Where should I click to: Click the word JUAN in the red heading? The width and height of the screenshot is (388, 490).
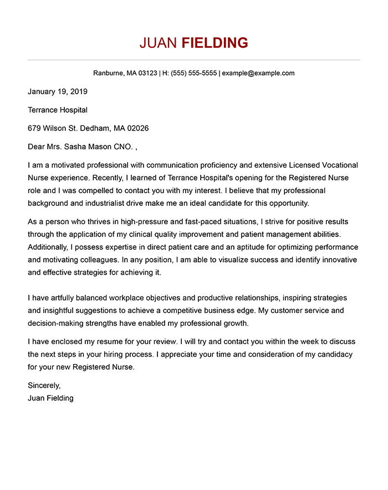point(159,43)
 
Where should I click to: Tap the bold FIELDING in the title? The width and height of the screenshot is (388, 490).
point(215,43)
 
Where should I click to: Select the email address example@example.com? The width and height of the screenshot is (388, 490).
point(258,73)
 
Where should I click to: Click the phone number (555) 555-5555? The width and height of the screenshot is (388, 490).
point(194,73)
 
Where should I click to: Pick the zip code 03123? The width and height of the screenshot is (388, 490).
point(147,73)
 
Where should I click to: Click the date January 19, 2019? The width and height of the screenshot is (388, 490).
point(58,92)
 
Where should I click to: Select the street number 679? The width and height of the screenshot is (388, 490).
point(34,128)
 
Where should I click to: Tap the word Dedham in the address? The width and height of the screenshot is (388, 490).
point(95,128)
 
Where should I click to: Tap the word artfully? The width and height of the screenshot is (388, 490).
point(64,298)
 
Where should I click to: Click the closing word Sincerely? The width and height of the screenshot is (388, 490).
point(44,386)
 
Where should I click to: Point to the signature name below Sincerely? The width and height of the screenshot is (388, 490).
point(50,398)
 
